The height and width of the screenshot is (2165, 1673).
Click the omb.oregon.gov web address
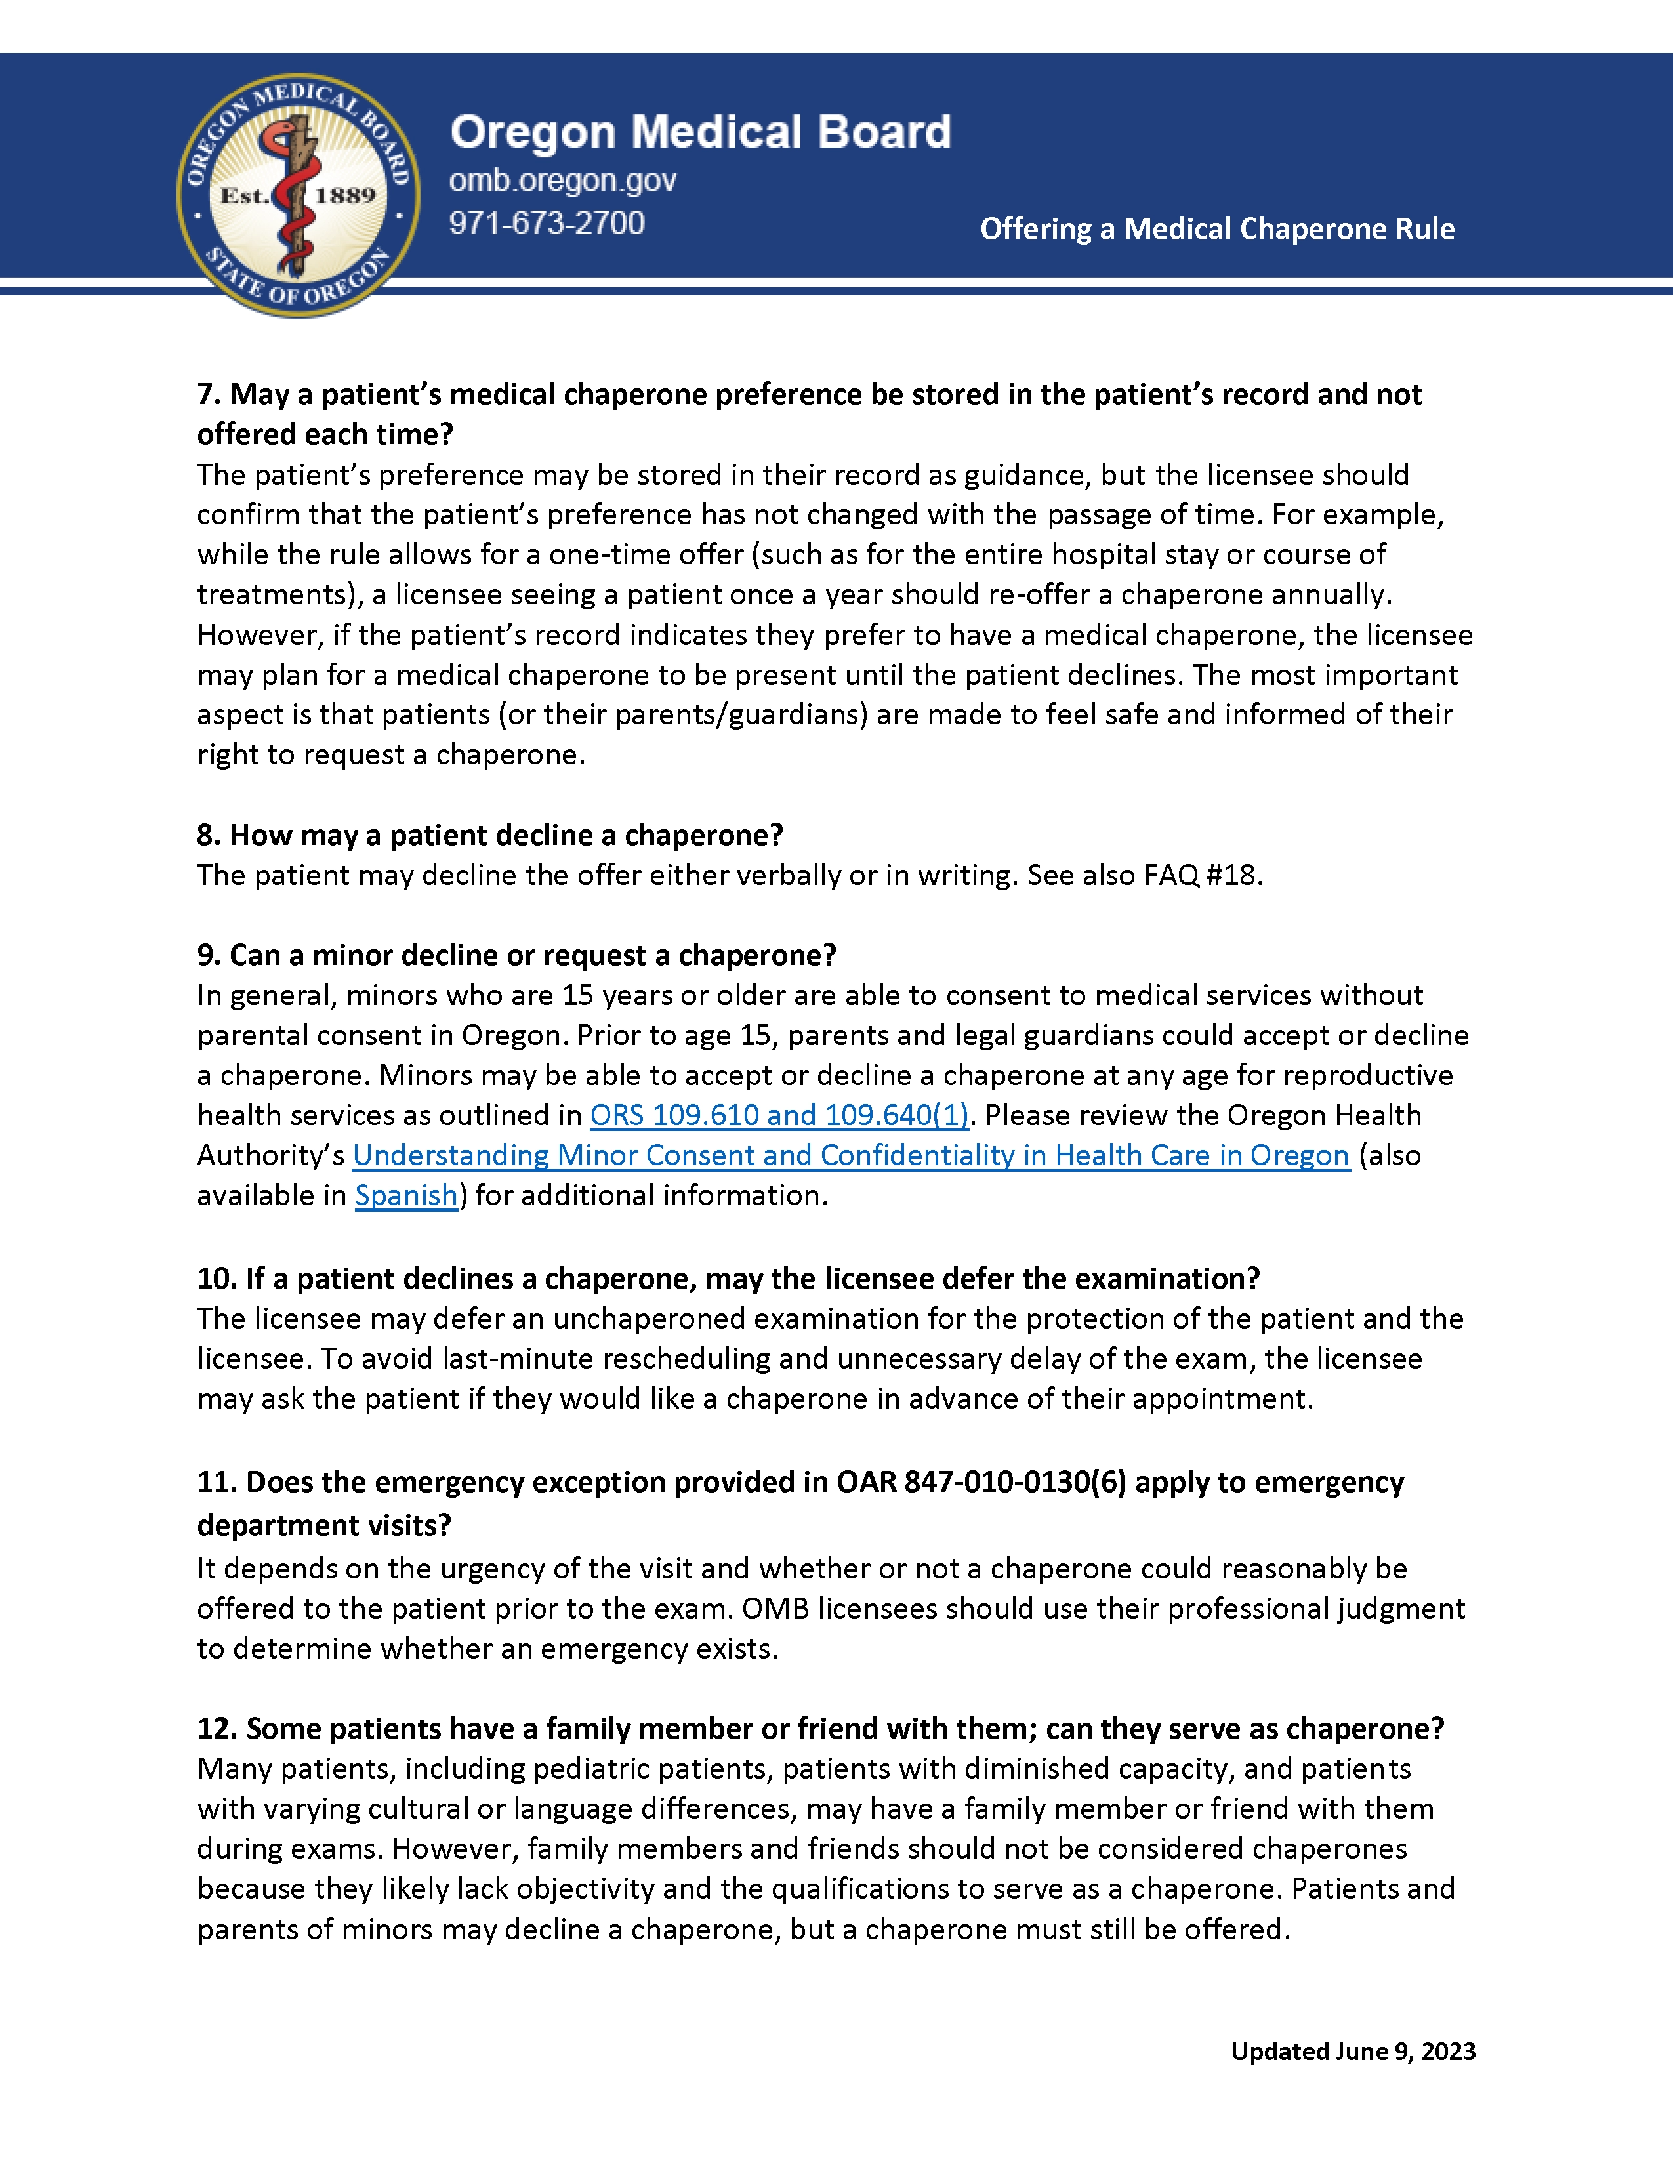562,180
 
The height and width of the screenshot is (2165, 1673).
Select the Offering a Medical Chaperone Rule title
1216,229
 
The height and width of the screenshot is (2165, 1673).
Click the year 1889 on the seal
345,196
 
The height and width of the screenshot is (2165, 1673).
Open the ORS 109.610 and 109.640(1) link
779,1115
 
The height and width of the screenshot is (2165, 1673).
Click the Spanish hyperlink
406,1195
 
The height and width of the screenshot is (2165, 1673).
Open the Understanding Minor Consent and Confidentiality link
850,1156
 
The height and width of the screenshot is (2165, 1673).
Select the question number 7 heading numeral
207,394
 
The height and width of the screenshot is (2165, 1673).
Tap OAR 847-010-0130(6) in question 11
981,1482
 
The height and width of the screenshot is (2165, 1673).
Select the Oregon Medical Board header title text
700,133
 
